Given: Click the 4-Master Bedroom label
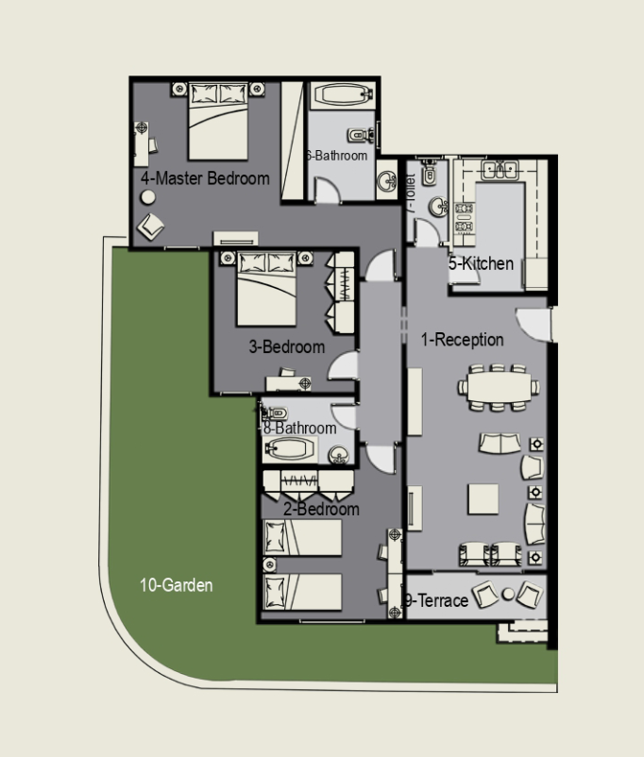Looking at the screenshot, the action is coord(205,178).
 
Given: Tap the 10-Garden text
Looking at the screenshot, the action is coord(177,585).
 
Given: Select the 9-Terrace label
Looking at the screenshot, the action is coord(437,600).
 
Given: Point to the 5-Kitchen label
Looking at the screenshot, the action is coord(482,263).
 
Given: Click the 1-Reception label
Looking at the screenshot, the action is coord(463,340).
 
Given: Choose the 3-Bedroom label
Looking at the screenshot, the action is coord(287,346).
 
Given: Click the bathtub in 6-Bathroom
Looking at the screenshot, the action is coord(342,96).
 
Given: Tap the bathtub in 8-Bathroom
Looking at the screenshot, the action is coord(289,449).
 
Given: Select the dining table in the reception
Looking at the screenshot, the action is coord(499,387).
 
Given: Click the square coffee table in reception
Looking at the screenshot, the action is coord(483,499).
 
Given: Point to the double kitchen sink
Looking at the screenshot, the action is coord(500,170).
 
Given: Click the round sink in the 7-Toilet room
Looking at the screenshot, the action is coord(438,207).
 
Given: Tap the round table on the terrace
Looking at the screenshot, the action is coord(508,595).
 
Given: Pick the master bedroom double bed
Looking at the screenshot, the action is coord(218,121).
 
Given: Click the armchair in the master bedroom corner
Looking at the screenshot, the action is coord(150,227).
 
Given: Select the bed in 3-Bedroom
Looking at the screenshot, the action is coord(266,288).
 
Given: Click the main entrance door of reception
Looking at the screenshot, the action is coord(534,324).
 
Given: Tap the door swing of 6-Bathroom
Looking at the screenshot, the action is coord(328,189).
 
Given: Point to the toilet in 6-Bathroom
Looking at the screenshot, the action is coord(360,135).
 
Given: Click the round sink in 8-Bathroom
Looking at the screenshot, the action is coord(338,455).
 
